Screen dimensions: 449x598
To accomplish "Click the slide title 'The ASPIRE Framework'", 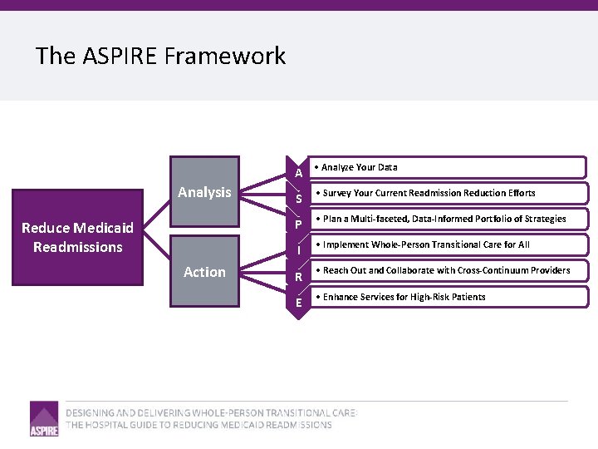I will [x=160, y=56].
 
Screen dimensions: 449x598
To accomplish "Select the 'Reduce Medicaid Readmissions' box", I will [x=77, y=238].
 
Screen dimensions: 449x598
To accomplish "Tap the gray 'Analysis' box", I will [x=204, y=192].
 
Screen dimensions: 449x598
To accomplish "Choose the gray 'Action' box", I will [x=204, y=272].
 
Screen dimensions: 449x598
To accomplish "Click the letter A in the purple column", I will [x=298, y=173].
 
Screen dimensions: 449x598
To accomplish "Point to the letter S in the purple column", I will [x=298, y=199].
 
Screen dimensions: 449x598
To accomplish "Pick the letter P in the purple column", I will [x=298, y=224].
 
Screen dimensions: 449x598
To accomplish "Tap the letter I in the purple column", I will [x=298, y=250].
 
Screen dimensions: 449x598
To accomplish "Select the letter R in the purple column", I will [x=298, y=277].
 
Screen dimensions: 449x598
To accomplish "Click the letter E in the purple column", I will [x=298, y=303].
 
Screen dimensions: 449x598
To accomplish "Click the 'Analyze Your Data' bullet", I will [x=360, y=167].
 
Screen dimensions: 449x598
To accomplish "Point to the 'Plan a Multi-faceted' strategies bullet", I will [x=444, y=219].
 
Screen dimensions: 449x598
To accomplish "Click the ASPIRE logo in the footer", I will [x=44, y=419].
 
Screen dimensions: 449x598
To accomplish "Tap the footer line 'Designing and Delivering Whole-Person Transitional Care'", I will [x=212, y=412].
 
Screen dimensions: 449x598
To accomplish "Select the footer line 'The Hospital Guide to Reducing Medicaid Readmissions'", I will [x=199, y=425].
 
